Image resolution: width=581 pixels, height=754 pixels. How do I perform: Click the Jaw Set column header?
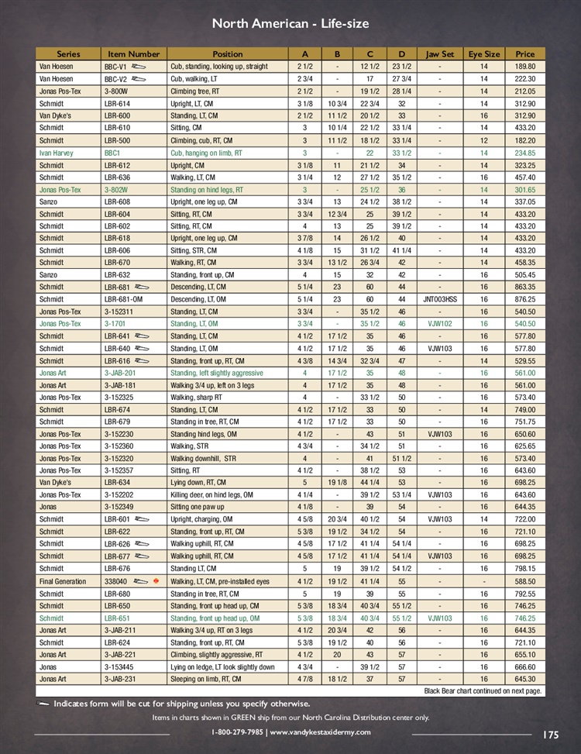440,54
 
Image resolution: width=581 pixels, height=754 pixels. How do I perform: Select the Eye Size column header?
484,54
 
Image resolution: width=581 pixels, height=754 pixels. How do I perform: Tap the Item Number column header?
133,54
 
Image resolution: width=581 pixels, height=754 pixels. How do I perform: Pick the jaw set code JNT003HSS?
440,299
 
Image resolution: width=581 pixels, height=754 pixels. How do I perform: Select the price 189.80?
524,67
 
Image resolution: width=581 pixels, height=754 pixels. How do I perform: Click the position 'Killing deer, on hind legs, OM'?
222,494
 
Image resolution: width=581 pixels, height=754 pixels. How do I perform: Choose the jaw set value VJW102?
440,324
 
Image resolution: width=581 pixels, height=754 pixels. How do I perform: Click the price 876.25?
524,299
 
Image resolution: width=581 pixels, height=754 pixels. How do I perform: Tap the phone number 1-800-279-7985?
238,732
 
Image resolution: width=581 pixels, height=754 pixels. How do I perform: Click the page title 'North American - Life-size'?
290,24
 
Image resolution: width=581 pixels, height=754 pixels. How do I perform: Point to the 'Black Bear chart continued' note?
482,690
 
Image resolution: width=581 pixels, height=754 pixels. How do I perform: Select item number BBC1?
112,153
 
